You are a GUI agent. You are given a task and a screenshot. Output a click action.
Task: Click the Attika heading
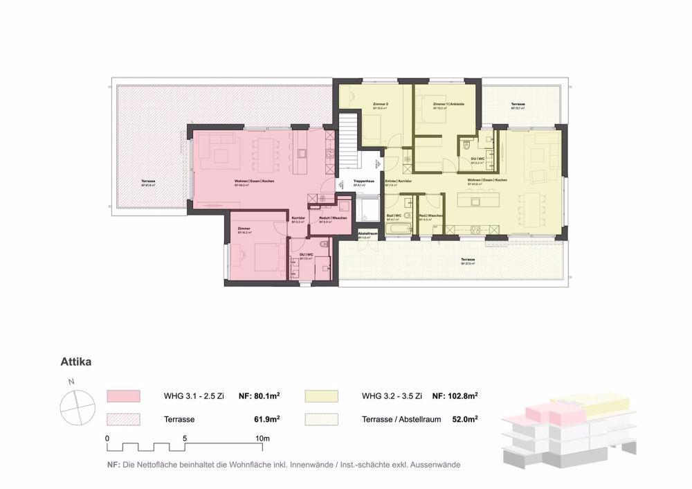coord(75,361)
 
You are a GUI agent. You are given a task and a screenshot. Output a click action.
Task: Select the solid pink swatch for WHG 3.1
coord(124,397)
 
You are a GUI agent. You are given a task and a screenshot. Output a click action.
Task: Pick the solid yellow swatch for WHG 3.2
coord(321,397)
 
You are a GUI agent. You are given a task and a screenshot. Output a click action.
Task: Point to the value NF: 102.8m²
coord(455,397)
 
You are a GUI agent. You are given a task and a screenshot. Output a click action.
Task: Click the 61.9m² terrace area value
coord(266,419)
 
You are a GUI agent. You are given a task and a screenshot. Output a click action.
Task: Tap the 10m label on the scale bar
coord(262,438)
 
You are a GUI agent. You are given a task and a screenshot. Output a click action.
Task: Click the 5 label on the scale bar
coord(185,438)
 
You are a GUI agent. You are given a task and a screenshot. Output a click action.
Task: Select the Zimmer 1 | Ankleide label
coord(448,104)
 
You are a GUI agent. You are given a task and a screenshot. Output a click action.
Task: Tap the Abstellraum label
coord(367,233)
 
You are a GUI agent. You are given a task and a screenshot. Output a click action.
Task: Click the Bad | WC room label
coord(393,215)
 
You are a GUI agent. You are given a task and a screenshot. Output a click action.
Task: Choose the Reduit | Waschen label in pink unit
coord(333,217)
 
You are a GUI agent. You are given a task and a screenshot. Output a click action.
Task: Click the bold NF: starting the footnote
coord(113,465)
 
